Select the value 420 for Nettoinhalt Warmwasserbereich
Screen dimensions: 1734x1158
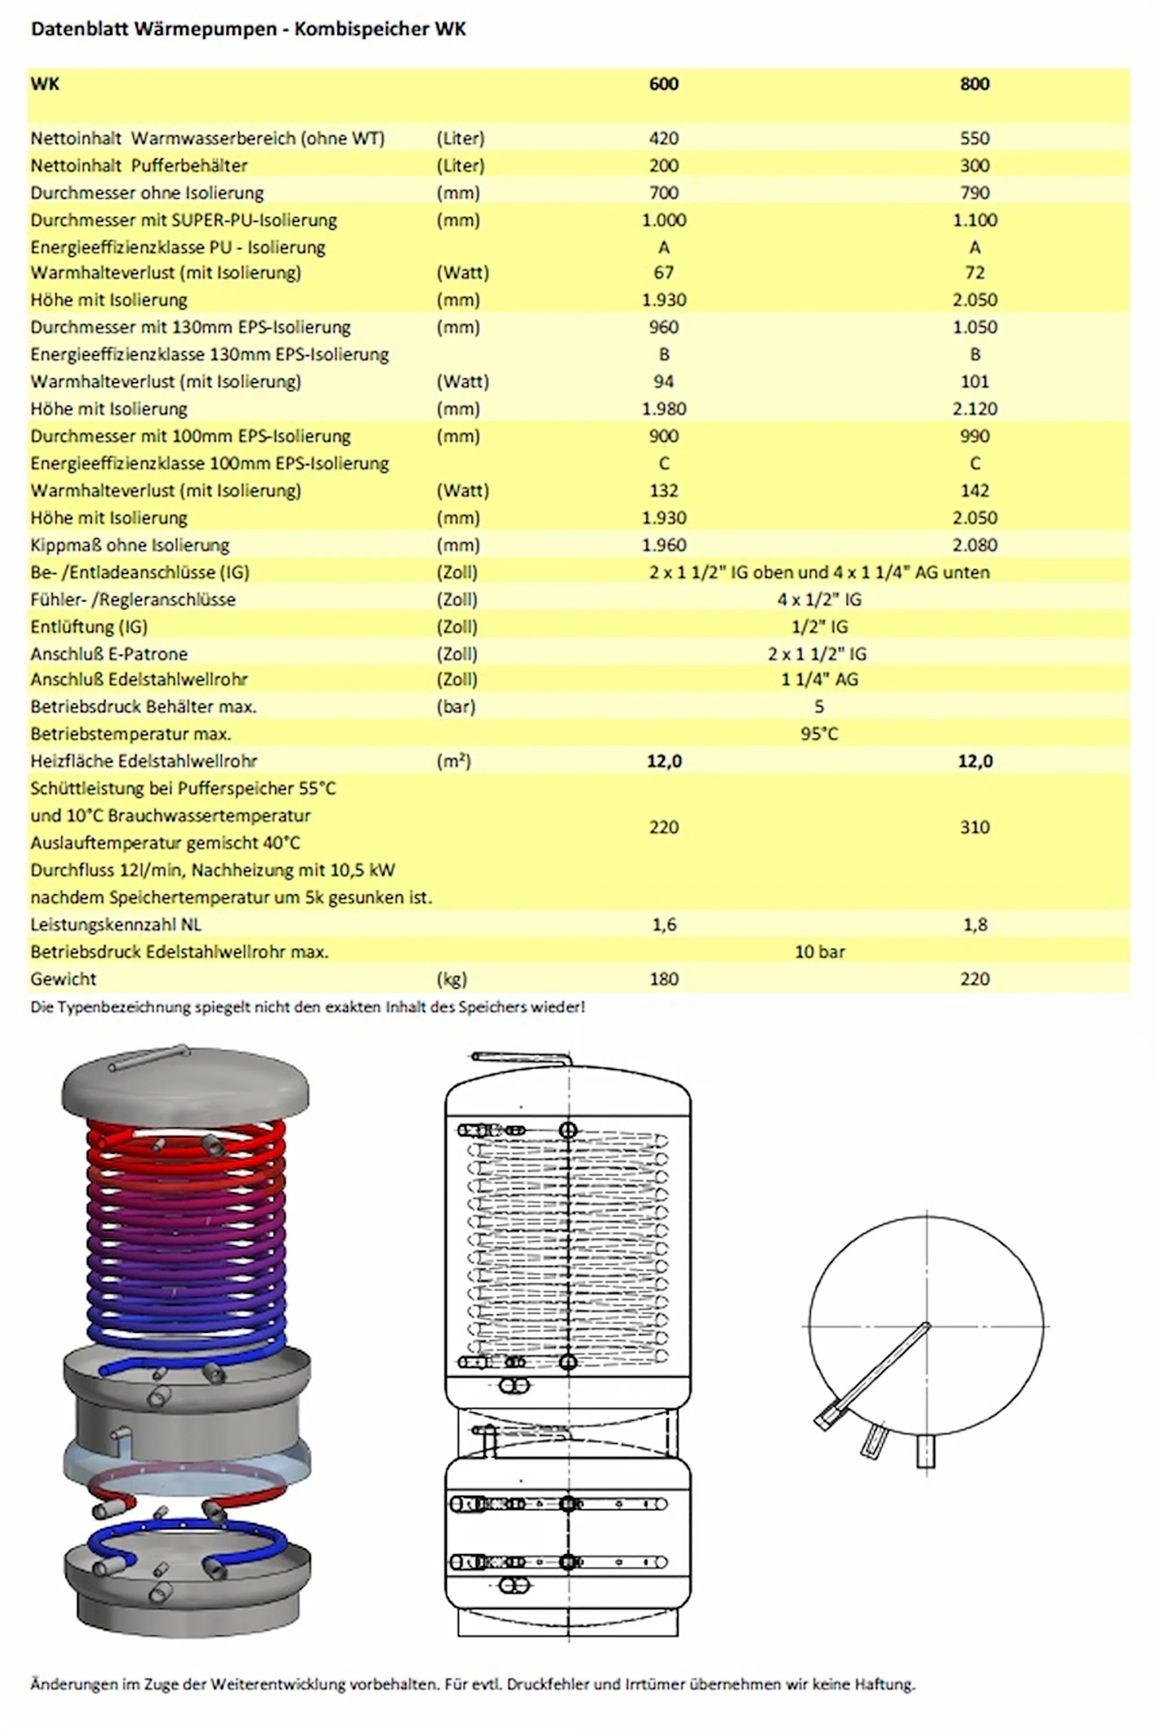(663, 138)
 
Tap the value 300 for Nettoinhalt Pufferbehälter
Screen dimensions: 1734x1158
(974, 165)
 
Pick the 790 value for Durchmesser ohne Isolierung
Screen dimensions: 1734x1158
(974, 192)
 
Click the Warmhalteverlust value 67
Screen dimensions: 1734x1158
(663, 272)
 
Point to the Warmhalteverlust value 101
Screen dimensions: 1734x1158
(974, 382)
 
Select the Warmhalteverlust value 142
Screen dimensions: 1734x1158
(974, 490)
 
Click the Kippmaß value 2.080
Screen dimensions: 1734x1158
(974, 545)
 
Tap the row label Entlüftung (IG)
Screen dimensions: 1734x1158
(88, 627)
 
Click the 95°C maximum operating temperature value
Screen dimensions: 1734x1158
(819, 734)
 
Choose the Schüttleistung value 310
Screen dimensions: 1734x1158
(974, 827)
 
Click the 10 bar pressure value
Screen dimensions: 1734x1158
(819, 952)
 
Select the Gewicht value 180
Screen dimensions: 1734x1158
(663, 979)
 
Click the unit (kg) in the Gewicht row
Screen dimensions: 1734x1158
(451, 979)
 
